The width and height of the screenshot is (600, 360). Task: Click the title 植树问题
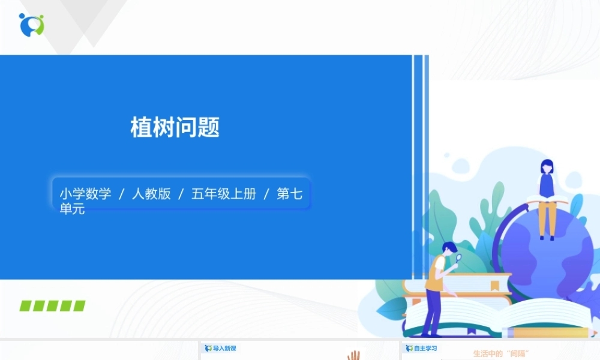click(x=175, y=127)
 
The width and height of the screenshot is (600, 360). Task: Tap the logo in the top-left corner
click(x=31, y=24)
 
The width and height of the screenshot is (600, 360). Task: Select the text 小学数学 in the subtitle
click(x=85, y=194)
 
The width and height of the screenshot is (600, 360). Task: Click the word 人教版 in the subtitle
click(x=151, y=194)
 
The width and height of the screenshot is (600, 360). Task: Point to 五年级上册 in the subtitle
click(x=223, y=194)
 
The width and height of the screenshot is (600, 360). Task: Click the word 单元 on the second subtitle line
click(x=72, y=209)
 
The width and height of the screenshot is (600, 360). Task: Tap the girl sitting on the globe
click(x=547, y=195)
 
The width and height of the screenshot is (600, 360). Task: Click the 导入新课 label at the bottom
click(x=224, y=348)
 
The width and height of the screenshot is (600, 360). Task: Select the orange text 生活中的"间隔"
click(x=503, y=353)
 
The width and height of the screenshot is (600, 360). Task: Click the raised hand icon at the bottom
click(x=353, y=355)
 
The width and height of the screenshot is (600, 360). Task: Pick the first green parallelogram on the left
click(x=26, y=306)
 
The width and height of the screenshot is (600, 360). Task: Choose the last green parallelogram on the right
click(x=79, y=306)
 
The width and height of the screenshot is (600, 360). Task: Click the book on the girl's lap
click(x=547, y=200)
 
